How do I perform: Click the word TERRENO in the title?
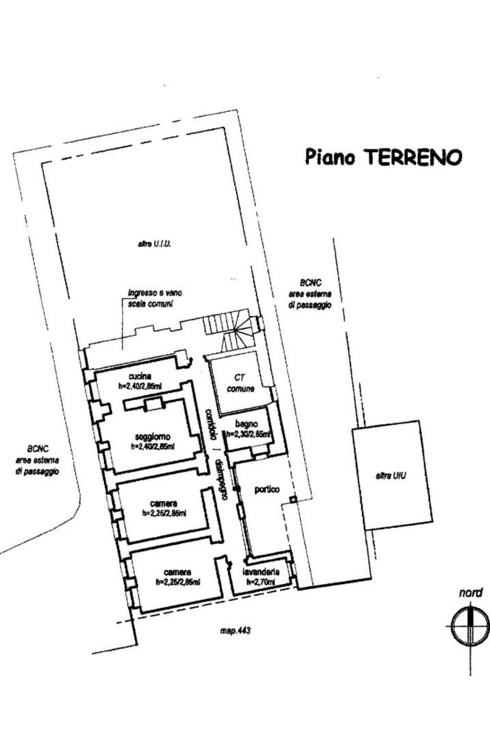pos(413,157)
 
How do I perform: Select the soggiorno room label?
pos(153,437)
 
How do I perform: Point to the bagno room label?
pos(247,424)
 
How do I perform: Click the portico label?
pos(267,489)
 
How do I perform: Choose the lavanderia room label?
pos(261,572)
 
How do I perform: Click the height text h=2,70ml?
pos(261,582)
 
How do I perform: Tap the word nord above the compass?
pos(471,593)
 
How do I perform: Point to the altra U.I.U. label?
pos(154,244)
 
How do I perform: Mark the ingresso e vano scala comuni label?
pos(154,298)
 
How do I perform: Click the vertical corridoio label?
pos(210,424)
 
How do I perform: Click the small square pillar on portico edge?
pos(293,500)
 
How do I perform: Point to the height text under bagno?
pos(248,435)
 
